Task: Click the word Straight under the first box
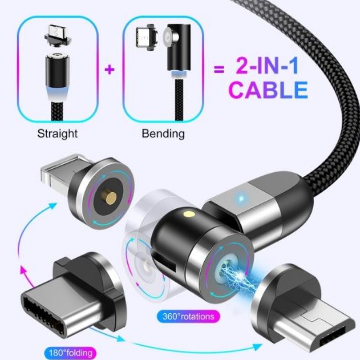[57, 134]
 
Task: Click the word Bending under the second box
[163, 134]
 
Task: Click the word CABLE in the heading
[268, 90]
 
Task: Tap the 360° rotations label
[186, 316]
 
